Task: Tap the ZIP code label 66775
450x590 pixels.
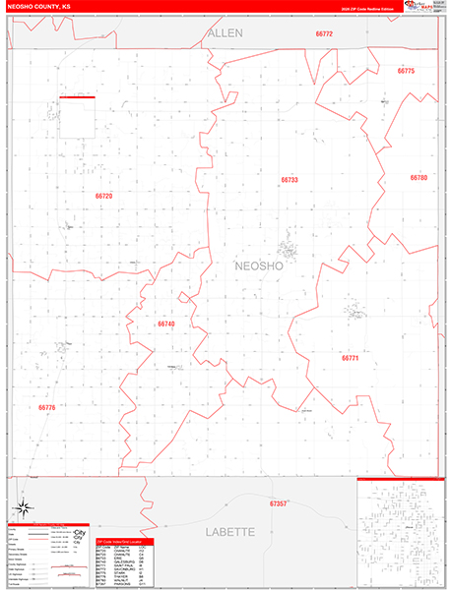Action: tap(406, 72)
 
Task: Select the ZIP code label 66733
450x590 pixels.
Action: tap(316, 180)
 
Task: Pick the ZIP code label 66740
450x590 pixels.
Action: tap(165, 324)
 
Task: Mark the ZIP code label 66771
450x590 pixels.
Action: tap(352, 358)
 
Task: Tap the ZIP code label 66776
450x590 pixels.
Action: tap(47, 407)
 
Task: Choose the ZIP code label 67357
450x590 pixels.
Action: tap(279, 503)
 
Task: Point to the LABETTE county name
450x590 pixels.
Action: tap(229, 531)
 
